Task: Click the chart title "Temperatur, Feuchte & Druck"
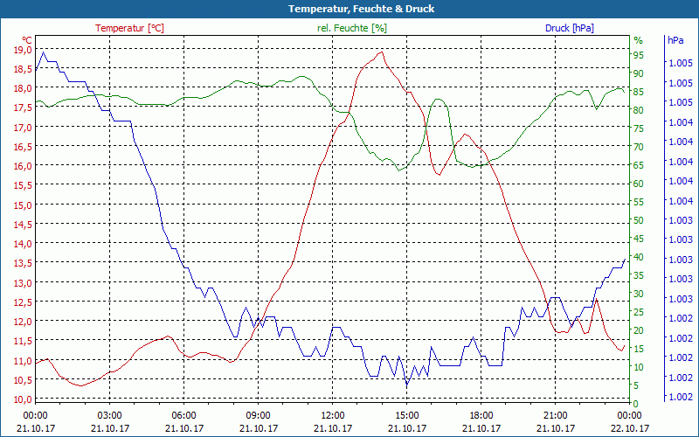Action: [349, 9]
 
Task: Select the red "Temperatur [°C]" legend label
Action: [129, 28]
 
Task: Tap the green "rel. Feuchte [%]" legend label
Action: [351, 28]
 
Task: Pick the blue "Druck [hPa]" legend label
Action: [570, 28]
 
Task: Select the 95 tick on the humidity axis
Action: [639, 53]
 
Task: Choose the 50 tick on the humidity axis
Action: [639, 219]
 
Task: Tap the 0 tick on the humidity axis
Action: [636, 404]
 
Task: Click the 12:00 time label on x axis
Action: [333, 415]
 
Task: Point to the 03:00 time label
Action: [109, 415]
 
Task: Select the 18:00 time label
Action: [481, 415]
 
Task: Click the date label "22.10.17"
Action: [630, 428]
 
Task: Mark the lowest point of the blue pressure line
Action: [406, 385]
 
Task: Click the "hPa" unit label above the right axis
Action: [675, 40]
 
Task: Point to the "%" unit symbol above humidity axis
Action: [638, 40]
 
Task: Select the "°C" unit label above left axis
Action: [27, 40]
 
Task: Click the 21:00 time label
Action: [556, 415]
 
